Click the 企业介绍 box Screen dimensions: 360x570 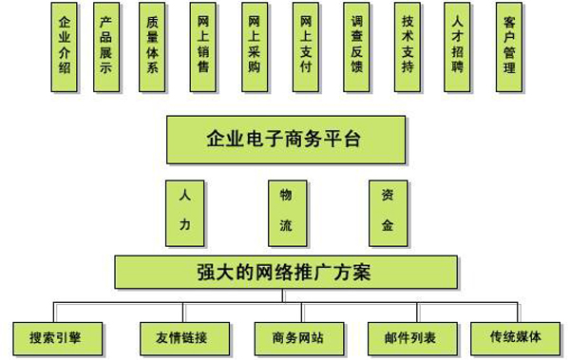pos(64,47)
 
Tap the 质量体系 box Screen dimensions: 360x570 pos(153,47)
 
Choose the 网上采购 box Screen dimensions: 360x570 pos(254,47)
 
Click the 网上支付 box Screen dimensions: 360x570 pos(304,47)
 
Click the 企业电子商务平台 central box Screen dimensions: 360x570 pos(284,140)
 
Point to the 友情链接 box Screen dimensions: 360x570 pos(174,336)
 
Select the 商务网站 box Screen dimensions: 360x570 pos(287,336)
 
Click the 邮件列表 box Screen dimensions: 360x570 pos(402,336)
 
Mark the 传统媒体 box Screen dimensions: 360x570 pos(515,336)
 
